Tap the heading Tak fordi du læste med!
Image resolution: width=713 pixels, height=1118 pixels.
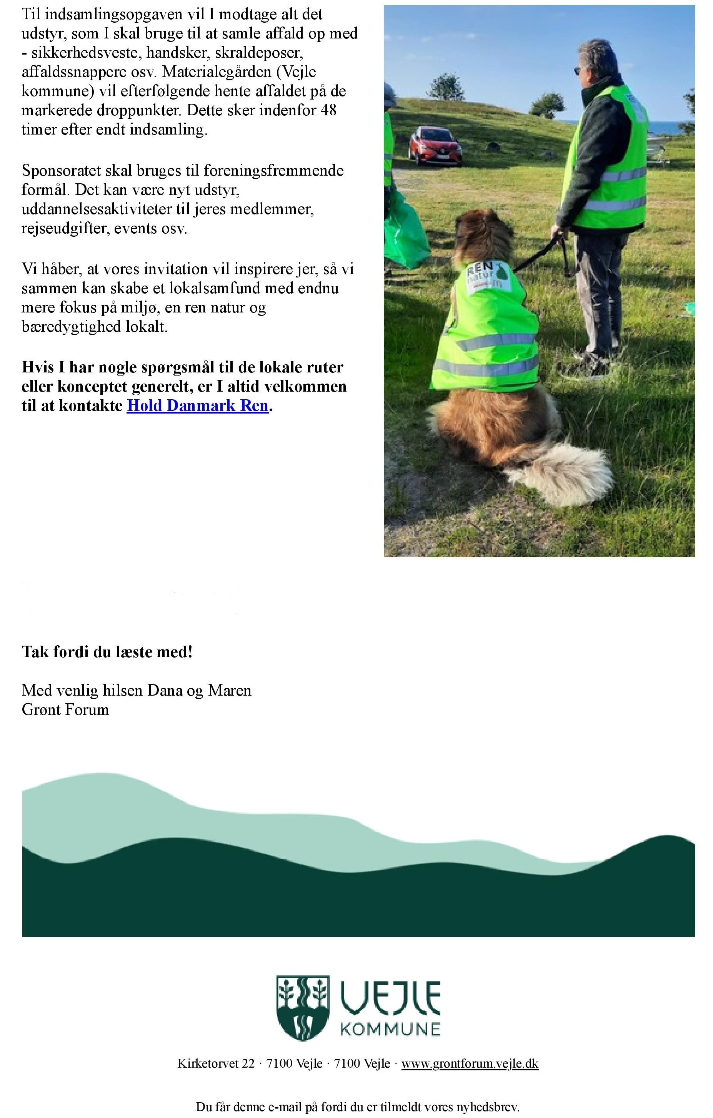(x=107, y=652)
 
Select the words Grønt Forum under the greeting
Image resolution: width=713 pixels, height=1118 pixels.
(x=65, y=710)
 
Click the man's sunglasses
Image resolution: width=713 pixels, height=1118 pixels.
(x=579, y=71)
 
